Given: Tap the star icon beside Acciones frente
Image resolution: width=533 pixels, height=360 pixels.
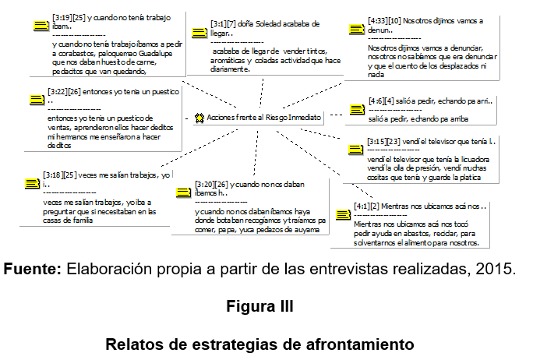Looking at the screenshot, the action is (200, 117).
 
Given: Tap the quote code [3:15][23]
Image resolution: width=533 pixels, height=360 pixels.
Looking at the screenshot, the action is (384, 141).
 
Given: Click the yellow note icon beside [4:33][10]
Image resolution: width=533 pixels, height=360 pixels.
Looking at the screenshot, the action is (355, 29).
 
